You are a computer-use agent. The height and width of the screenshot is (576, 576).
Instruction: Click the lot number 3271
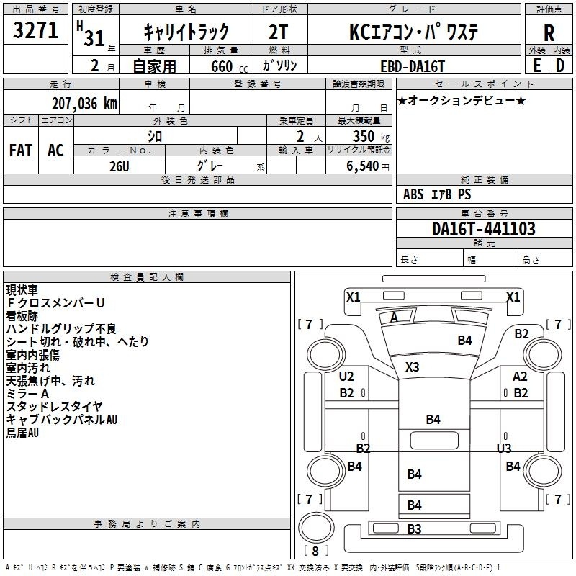pyautogui.click(x=35, y=32)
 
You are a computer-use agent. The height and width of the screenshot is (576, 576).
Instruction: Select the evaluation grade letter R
pyautogui.click(x=549, y=32)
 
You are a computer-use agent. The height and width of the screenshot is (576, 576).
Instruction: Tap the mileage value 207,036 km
pyautogui.click(x=84, y=104)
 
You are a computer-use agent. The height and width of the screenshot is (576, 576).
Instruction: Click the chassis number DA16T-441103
pyautogui.click(x=483, y=229)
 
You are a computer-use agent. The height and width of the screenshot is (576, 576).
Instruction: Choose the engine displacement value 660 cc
pyautogui.click(x=221, y=66)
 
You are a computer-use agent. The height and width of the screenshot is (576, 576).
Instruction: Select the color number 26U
pyautogui.click(x=119, y=166)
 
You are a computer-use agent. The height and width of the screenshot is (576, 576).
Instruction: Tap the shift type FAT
pyautogui.click(x=20, y=150)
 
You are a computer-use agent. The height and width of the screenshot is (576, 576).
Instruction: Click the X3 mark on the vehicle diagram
pyautogui.click(x=412, y=366)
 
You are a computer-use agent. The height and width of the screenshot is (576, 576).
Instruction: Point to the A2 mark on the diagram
pyautogui.click(x=520, y=377)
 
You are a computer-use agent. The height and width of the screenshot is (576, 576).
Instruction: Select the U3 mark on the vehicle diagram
pyautogui.click(x=504, y=448)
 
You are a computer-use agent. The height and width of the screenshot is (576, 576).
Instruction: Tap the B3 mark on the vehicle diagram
pyautogui.click(x=414, y=529)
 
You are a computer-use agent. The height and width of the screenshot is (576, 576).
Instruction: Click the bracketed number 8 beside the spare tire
pyautogui.click(x=315, y=552)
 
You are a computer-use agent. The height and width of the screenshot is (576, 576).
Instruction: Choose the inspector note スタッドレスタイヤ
pyautogui.click(x=54, y=407)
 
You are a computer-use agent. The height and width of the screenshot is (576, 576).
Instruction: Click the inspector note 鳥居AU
pyautogui.click(x=22, y=433)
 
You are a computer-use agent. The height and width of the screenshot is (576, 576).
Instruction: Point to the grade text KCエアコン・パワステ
pyautogui.click(x=413, y=32)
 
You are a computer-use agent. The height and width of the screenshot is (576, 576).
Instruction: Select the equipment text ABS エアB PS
pyautogui.click(x=437, y=194)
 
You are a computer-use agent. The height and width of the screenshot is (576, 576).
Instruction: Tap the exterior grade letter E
pyautogui.click(x=536, y=66)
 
